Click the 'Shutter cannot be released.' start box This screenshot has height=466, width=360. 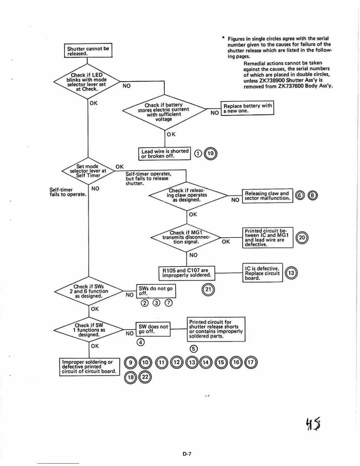[x=88, y=51]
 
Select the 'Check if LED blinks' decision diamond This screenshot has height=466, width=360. [x=87, y=81]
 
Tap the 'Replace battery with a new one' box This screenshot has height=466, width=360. [x=247, y=108]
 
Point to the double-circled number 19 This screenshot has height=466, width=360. [x=211, y=154]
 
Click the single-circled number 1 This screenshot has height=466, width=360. [x=199, y=154]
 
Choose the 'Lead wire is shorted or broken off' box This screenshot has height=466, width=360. [x=165, y=153]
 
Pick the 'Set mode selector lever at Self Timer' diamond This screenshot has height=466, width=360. [x=88, y=171]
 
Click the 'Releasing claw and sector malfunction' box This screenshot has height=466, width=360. [x=267, y=196]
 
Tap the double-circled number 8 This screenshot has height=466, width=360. [x=313, y=196]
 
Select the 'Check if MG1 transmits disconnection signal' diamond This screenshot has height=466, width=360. [x=186, y=237]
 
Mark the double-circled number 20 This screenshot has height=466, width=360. [x=302, y=238]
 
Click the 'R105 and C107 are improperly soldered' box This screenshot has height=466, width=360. [x=187, y=273]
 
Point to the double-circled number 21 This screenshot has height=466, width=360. [x=208, y=289]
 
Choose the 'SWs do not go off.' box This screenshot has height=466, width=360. [x=156, y=291]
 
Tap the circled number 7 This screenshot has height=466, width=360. [x=169, y=303]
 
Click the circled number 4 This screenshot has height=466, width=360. [x=141, y=342]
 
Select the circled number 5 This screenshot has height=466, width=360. [x=193, y=349]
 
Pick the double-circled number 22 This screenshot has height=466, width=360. [x=145, y=377]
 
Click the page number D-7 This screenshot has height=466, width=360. [x=187, y=454]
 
